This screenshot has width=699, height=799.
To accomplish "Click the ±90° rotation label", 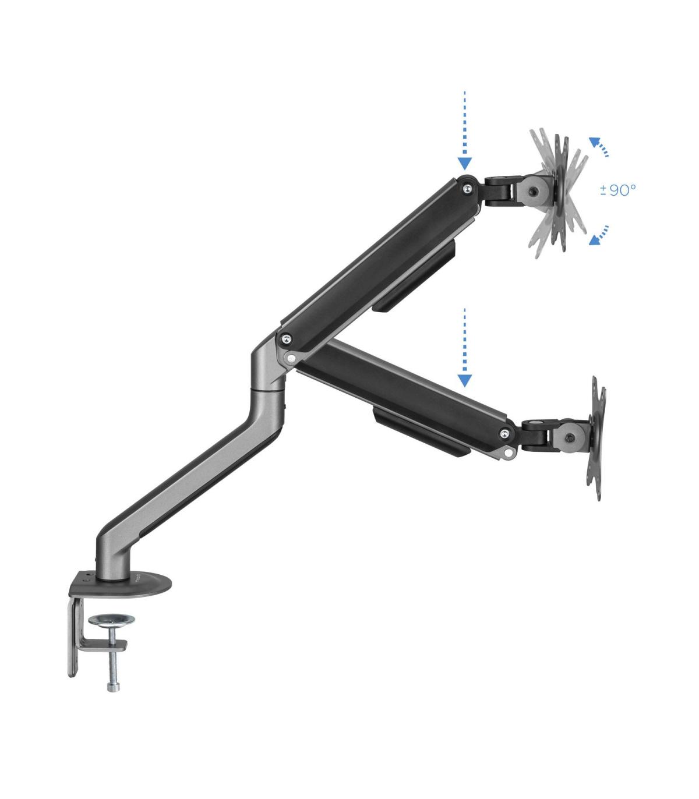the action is click(x=617, y=190).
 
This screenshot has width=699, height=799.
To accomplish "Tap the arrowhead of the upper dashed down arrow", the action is click(x=464, y=164).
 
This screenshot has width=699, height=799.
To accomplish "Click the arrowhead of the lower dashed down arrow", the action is click(x=464, y=380).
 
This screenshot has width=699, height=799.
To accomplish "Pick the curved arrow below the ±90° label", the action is click(x=598, y=235).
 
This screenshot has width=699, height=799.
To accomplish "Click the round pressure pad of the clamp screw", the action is click(x=111, y=620).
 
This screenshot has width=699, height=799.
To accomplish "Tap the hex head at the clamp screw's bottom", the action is click(x=113, y=686).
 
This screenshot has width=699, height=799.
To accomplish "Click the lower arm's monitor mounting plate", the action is click(x=597, y=438).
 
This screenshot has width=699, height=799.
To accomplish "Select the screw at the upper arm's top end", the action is click(x=467, y=189).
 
